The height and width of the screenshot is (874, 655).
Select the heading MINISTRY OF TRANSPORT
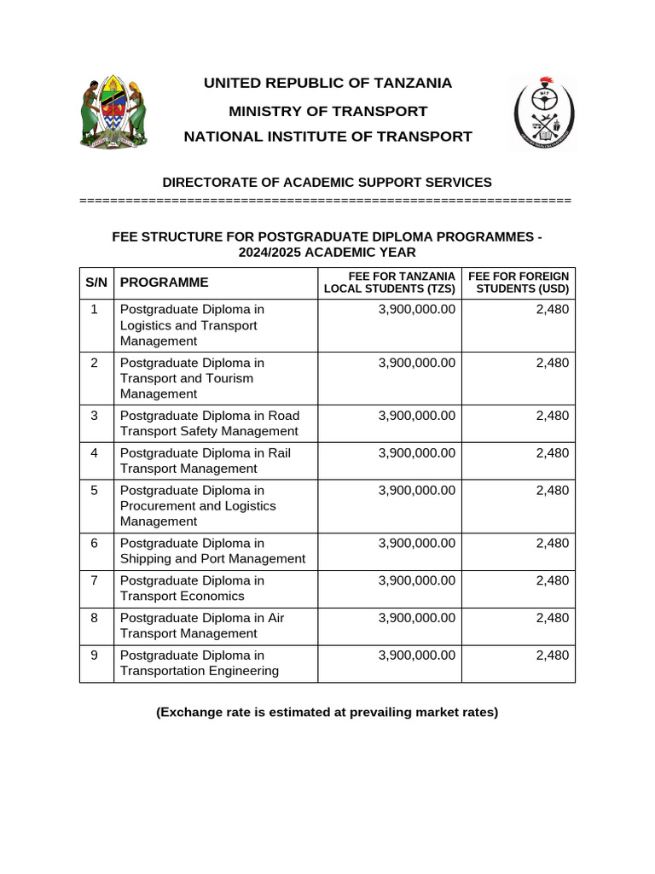point(327,111)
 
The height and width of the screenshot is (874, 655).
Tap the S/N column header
point(96,283)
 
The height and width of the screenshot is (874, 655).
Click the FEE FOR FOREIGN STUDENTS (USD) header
point(519,283)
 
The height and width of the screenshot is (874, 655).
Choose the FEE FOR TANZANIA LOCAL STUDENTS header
point(390,283)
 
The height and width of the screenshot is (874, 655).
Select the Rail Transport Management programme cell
point(205,461)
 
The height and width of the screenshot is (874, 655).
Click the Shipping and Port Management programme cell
point(212,551)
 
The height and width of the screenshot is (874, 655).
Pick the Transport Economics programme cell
point(192,588)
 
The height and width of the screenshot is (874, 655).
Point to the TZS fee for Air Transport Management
point(417,618)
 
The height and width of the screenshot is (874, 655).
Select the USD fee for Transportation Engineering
point(552,655)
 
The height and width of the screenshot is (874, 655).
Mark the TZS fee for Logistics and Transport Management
point(417,310)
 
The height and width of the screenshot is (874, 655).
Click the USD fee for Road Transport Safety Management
point(552,416)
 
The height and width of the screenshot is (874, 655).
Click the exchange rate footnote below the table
point(327,712)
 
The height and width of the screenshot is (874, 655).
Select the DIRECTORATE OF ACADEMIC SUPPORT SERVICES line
point(327,182)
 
